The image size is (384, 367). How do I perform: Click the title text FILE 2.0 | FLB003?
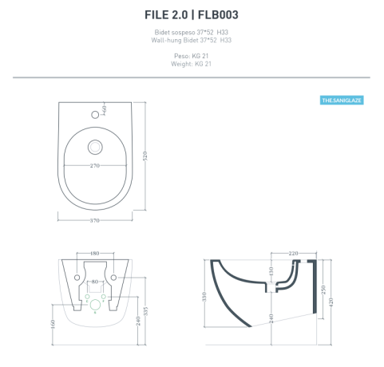click(x=192, y=14)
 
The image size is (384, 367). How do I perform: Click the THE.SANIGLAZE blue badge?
click(x=342, y=101)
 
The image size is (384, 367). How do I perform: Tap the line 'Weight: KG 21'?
click(x=192, y=64)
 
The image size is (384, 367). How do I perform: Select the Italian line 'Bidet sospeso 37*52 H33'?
click(x=192, y=33)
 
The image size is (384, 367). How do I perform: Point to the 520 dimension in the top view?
click(x=145, y=159)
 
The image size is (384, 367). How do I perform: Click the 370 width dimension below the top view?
click(x=94, y=219)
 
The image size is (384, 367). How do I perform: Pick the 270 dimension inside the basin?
click(x=94, y=166)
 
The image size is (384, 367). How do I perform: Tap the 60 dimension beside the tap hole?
click(x=105, y=108)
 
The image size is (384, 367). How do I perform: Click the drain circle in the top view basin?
click(x=94, y=147)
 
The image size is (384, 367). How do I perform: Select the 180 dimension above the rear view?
click(x=94, y=254)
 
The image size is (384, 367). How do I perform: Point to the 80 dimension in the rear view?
click(x=94, y=282)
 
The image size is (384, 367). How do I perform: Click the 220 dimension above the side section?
click(x=293, y=254)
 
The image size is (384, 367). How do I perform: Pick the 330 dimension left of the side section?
click(x=204, y=297)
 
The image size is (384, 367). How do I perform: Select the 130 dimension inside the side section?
click(x=271, y=274)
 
